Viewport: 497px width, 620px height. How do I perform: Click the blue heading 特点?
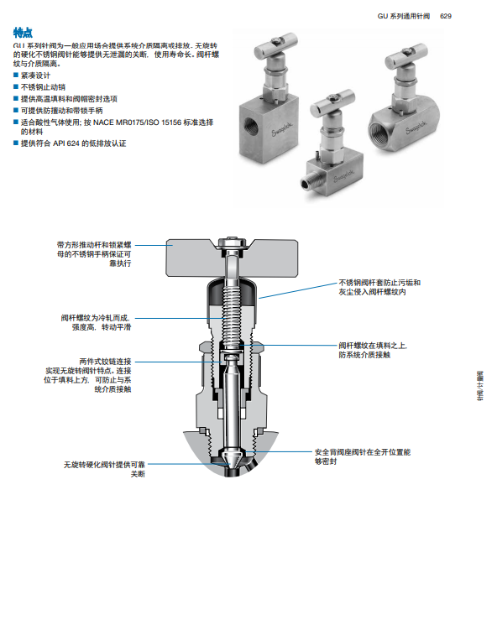click(x=23, y=33)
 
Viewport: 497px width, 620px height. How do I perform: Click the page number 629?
click(x=446, y=16)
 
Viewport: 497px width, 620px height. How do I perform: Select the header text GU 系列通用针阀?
click(x=403, y=16)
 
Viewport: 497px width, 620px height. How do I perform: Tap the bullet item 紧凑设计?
click(x=35, y=76)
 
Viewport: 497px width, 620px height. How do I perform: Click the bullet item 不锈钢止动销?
click(x=43, y=87)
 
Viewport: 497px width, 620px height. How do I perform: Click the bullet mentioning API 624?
click(x=74, y=143)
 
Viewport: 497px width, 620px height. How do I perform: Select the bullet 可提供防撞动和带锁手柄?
click(x=62, y=110)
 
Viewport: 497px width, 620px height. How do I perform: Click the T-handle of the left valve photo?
click(x=276, y=44)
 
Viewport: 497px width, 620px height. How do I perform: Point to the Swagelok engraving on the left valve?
click(x=283, y=129)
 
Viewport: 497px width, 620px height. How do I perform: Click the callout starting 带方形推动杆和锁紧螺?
click(x=94, y=254)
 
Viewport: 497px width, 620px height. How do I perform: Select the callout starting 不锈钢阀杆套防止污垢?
click(x=379, y=288)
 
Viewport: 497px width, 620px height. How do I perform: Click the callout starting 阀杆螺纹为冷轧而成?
click(x=96, y=323)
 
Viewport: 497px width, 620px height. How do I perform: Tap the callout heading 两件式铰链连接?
click(x=105, y=362)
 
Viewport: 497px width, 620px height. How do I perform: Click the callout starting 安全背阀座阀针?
click(x=363, y=456)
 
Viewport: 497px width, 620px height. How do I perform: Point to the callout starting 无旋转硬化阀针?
click(x=104, y=469)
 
